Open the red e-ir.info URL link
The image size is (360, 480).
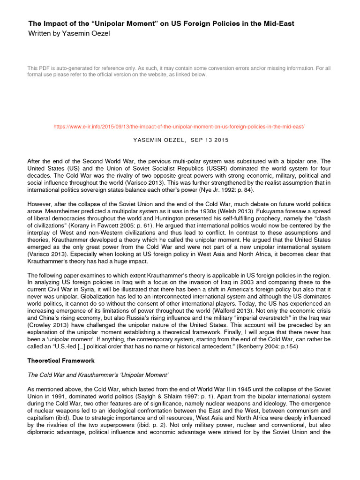[180, 127]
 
